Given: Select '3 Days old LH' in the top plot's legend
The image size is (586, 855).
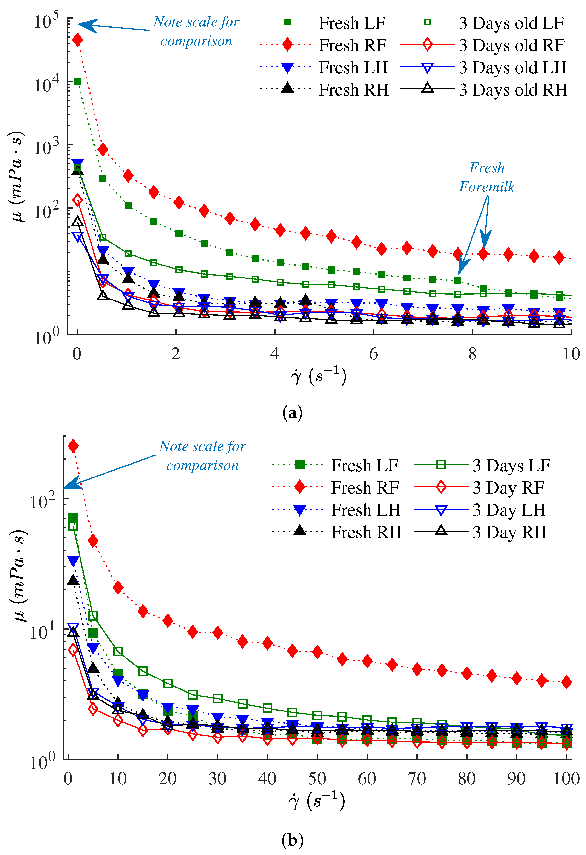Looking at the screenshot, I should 512,68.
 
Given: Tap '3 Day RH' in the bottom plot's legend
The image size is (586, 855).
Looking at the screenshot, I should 509,532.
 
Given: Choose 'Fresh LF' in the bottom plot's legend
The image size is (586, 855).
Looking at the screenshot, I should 364,465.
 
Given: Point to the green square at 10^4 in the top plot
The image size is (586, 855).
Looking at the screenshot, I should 78,81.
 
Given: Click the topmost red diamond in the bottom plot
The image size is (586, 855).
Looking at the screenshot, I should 73,446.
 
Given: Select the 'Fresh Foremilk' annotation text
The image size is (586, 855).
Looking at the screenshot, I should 487,177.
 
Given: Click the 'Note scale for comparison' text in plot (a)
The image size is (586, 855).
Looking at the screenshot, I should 196,31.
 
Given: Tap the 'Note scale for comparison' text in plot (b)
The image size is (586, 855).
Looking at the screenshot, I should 202,455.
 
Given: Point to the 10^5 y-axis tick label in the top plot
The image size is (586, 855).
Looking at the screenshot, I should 46,21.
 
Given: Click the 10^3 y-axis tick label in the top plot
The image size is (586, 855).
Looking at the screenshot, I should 46,147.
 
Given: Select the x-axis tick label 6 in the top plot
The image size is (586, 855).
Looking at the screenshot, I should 373,354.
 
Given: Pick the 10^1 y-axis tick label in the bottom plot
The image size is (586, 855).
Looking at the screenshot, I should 42,632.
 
